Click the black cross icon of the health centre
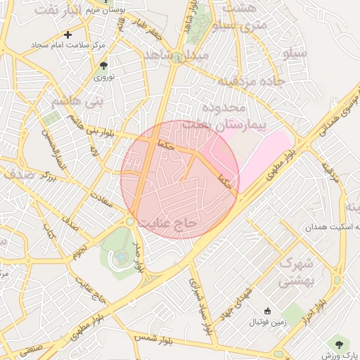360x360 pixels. click(67, 34)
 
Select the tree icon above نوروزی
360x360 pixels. click(105, 65)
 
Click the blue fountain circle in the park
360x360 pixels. click(121, 257)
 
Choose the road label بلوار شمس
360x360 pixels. click(152, 336)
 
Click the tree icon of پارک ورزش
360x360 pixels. click(340, 344)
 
